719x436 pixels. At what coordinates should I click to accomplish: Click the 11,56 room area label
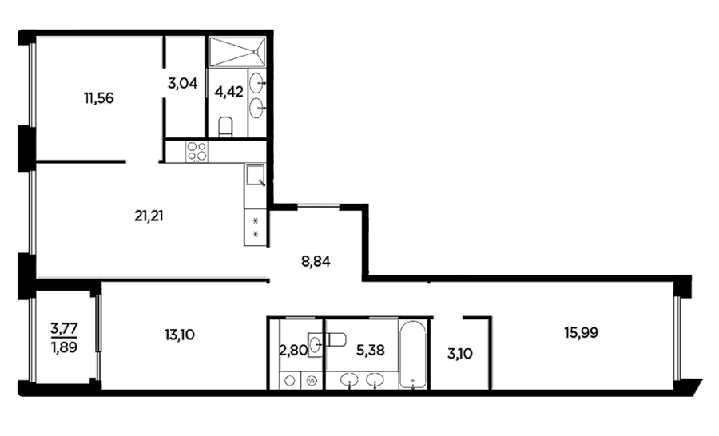pos(98,98)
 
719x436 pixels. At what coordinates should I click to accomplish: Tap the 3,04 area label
pos(182,83)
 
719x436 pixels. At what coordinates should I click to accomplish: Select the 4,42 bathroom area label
pos(228,92)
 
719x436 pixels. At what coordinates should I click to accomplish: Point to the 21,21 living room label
pos(149,216)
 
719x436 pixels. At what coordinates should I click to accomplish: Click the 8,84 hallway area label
pos(316,262)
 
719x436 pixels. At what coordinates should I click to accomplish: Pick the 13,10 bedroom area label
pos(179,335)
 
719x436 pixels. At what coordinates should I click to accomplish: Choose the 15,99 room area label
pos(581,332)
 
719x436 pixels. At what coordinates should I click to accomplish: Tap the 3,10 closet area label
pos(460,354)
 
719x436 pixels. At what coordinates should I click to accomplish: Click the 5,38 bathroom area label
pos(371,351)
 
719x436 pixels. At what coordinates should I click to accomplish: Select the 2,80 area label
pos(293,351)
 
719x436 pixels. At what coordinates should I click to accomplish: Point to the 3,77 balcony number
pos(64,328)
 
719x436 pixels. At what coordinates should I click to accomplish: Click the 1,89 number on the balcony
pos(64,347)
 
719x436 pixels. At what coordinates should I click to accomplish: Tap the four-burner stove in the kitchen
pos(197,151)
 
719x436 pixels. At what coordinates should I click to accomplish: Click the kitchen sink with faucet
pos(256,175)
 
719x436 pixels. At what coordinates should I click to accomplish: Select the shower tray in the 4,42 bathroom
pos(237,52)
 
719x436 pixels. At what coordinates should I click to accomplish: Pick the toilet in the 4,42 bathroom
pos(225,127)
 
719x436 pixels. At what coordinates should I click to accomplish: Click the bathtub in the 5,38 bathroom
pos(413,355)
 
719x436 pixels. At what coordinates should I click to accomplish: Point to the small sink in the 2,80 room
pos(315,344)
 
